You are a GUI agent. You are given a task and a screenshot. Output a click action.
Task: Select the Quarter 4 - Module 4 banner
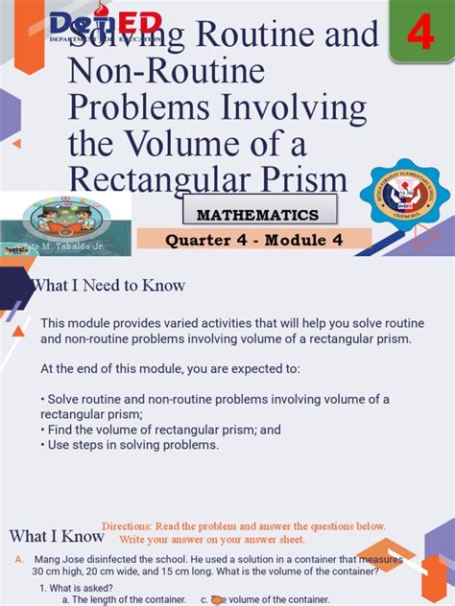(255, 240)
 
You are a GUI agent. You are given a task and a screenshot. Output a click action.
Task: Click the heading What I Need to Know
(108, 286)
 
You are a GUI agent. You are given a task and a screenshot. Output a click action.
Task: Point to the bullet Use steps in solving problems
(130, 444)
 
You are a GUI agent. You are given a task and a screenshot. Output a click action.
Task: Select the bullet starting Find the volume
(160, 431)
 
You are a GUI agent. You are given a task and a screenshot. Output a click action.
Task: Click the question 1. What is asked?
(77, 587)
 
